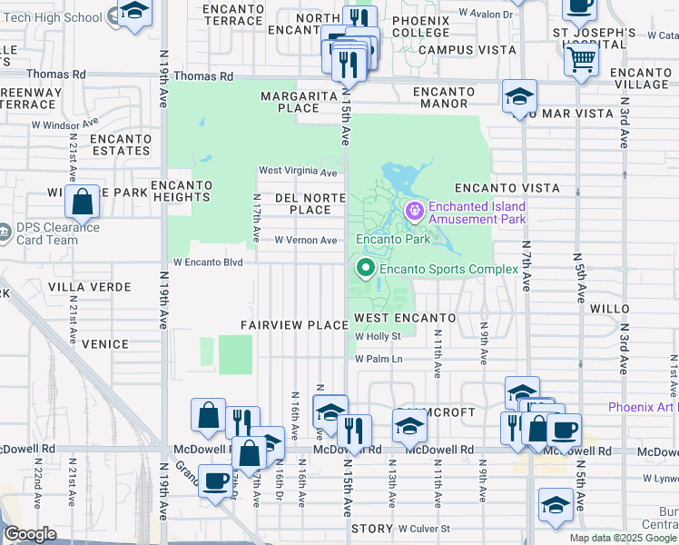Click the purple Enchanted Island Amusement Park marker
(x=415, y=212)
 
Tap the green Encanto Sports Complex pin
(x=366, y=268)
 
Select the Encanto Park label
(x=392, y=240)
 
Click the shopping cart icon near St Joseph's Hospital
(x=581, y=60)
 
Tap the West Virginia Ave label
(x=298, y=171)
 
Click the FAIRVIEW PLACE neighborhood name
(x=294, y=325)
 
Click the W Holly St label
(x=378, y=336)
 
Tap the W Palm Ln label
(x=378, y=359)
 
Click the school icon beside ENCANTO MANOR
(x=519, y=95)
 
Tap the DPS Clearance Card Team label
(x=57, y=233)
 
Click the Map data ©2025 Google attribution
(x=623, y=538)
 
